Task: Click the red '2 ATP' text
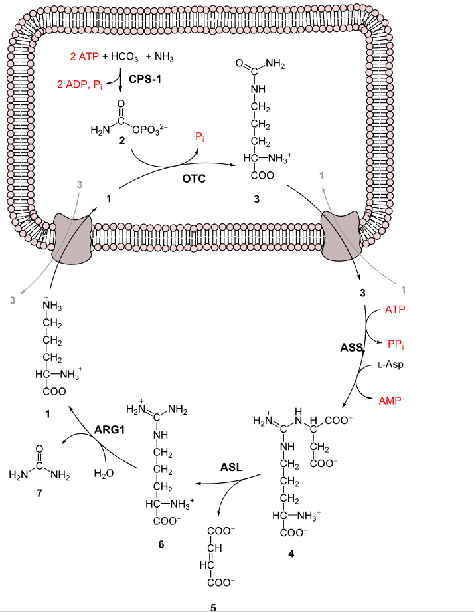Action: coord(84,58)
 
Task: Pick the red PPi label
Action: coord(396,343)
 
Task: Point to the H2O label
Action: coord(104,474)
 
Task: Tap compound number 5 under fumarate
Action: coord(213,606)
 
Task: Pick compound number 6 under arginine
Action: coord(161,544)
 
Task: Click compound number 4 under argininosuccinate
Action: coord(290,552)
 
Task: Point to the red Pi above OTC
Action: coord(200,138)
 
